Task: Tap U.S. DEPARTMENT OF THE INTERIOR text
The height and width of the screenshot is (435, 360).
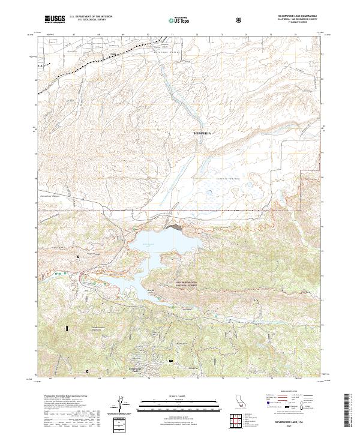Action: [90, 17]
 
